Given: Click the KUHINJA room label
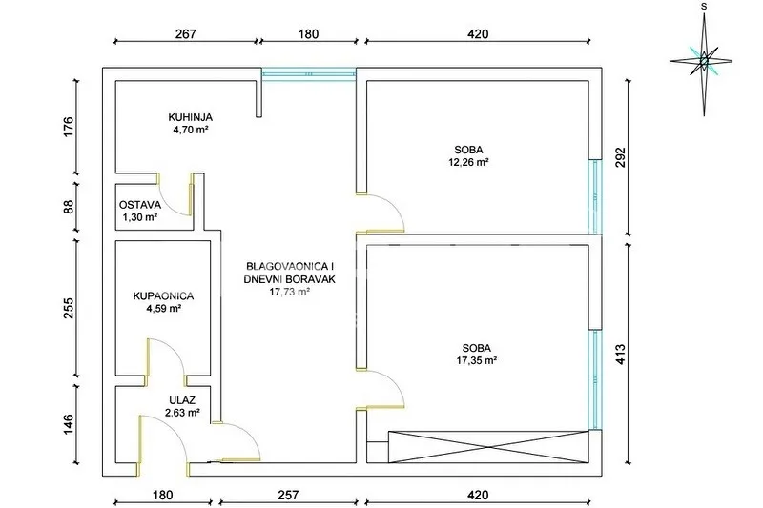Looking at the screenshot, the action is [x=190, y=117].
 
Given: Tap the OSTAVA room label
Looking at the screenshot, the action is [x=139, y=205].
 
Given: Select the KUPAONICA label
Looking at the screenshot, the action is [x=163, y=296].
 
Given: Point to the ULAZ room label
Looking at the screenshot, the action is [x=182, y=400].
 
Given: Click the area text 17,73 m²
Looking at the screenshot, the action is [x=290, y=292].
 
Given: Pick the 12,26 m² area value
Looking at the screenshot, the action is [x=468, y=162].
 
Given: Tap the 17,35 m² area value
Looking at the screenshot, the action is [x=476, y=360].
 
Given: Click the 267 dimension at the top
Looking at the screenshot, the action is [x=185, y=33].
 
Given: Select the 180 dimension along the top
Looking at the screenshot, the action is [x=308, y=33].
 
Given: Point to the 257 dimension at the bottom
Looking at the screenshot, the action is [x=288, y=495].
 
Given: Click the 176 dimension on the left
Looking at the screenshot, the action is [x=69, y=127].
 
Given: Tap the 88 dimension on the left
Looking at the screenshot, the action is [x=69, y=207].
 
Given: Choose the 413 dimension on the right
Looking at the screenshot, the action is [x=621, y=355].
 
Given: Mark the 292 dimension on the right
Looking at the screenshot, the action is [x=621, y=157].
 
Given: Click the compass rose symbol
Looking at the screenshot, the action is [x=703, y=61].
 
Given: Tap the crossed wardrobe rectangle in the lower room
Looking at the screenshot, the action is [x=488, y=447].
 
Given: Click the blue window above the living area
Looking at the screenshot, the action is [x=308, y=74].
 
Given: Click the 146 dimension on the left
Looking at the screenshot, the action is [x=69, y=424].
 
